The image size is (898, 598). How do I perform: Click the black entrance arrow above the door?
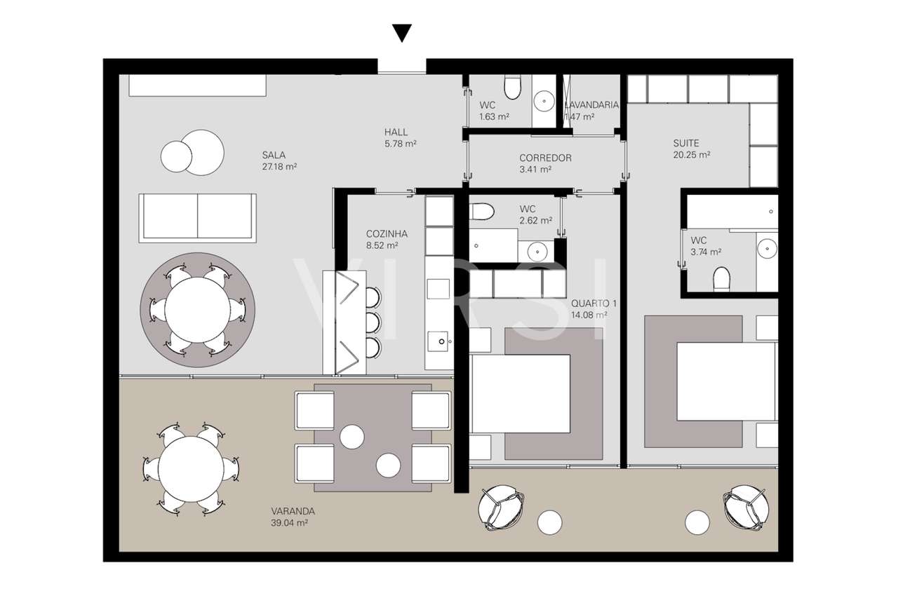pyautogui.click(x=401, y=33)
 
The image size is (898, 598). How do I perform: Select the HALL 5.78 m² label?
pyautogui.click(x=400, y=137)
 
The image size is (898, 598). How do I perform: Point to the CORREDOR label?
pyautogui.click(x=544, y=163)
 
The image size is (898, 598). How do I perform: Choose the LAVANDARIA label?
pyautogui.click(x=591, y=110)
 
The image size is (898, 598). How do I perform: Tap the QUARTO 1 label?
pyautogui.click(x=594, y=309)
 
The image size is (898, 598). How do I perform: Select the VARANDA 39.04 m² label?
pyautogui.click(x=292, y=517)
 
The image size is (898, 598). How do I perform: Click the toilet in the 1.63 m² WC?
pyautogui.click(x=513, y=88)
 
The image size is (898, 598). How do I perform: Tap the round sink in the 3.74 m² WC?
pyautogui.click(x=768, y=247)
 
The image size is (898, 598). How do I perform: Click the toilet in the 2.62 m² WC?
pyautogui.click(x=482, y=211)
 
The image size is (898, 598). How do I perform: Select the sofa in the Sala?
pyautogui.click(x=197, y=217)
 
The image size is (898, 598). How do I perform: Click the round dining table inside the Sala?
pyautogui.click(x=199, y=309)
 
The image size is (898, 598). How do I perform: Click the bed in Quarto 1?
pyautogui.click(x=520, y=393)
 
